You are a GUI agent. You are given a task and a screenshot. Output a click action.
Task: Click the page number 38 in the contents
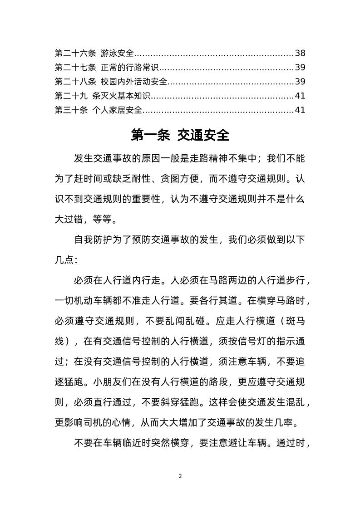pyautogui.click(x=300, y=53)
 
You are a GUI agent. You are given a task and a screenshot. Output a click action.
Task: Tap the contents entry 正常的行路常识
pyautogui.click(x=130, y=68)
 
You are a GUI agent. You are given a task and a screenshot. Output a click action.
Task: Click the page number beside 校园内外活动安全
pyautogui.click(x=300, y=82)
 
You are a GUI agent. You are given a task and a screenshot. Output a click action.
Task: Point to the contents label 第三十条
pyautogui.click(x=71, y=110)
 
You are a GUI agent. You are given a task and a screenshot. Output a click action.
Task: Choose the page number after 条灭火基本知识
pyautogui.click(x=300, y=96)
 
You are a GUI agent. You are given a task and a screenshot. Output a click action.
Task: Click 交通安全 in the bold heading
pyautogui.click(x=203, y=135)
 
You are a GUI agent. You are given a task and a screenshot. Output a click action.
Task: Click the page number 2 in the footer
pyautogui.click(x=180, y=476)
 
